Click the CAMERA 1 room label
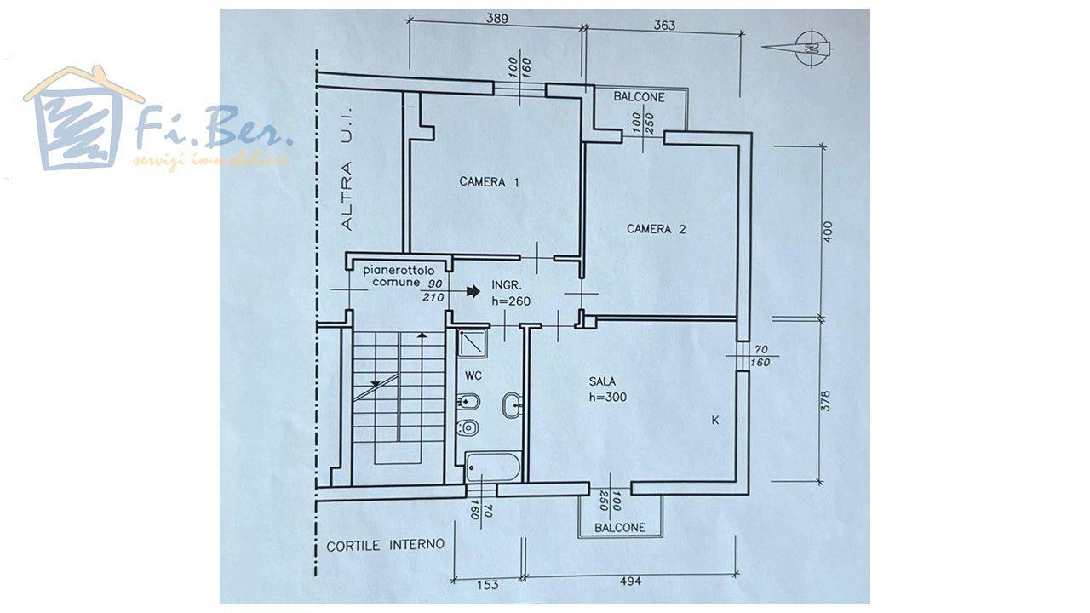click(x=489, y=182)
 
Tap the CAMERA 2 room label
click(x=656, y=229)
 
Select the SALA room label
click(x=602, y=381)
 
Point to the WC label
click(x=473, y=375)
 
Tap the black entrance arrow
click(x=473, y=291)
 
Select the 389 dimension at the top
click(x=496, y=19)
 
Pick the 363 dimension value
click(x=664, y=25)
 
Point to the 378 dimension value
click(x=826, y=401)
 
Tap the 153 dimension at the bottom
click(x=487, y=584)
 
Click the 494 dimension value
click(x=631, y=581)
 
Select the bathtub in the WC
click(x=493, y=467)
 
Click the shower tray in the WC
click(x=472, y=343)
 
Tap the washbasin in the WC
click(x=513, y=404)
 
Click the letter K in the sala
click(x=715, y=421)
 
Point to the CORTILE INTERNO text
click(x=385, y=545)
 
